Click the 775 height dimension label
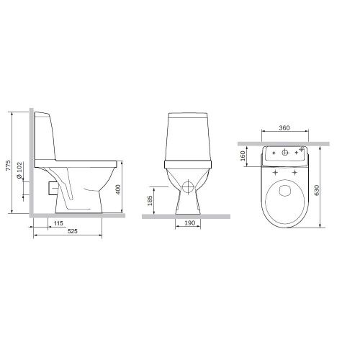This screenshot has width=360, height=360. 9,166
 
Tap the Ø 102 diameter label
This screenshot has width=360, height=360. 19,170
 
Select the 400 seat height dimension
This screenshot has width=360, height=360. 118,189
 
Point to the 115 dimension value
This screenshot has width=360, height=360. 58,223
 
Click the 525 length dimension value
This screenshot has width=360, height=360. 73,231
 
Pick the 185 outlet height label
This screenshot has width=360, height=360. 150,200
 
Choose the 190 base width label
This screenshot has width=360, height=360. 189,223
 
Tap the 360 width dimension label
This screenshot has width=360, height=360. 284,128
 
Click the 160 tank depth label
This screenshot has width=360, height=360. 243,156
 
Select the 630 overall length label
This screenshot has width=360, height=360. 317,190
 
